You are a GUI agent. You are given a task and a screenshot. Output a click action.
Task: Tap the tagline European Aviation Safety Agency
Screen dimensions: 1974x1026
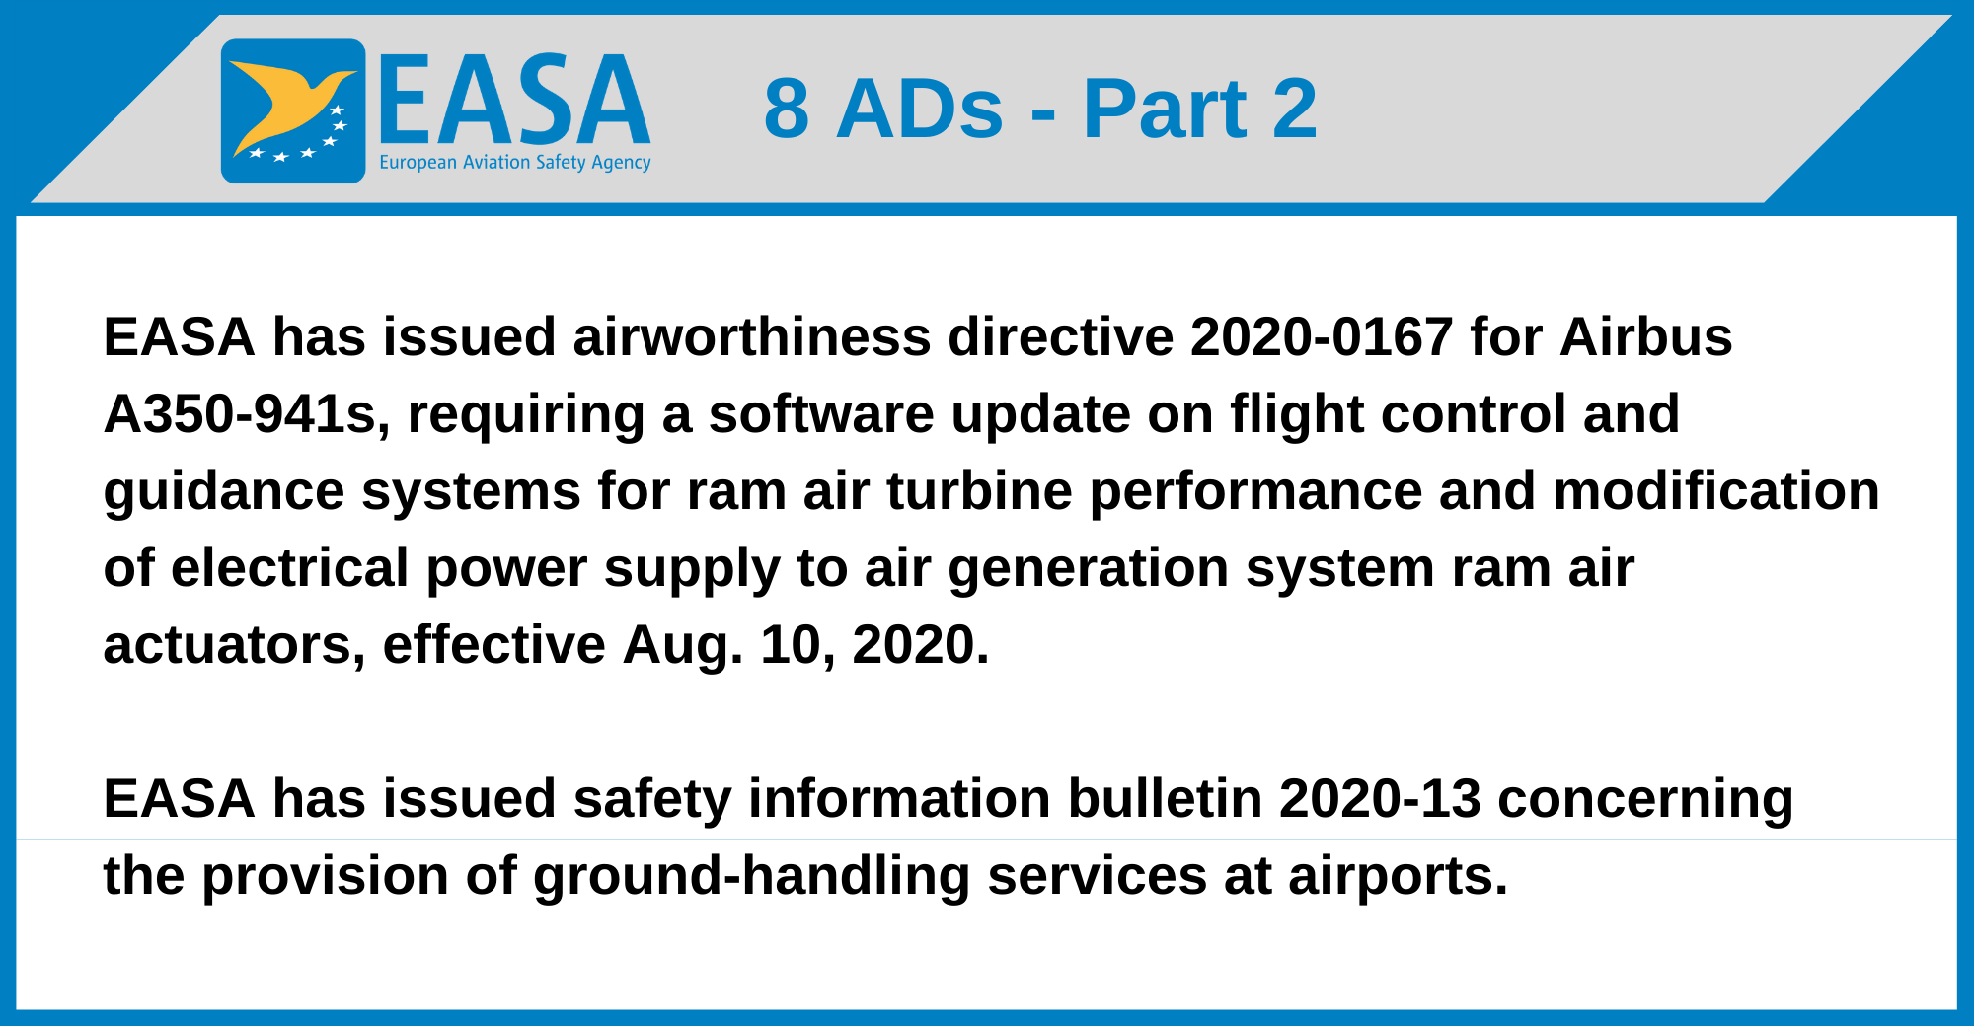pyautogui.click(x=515, y=163)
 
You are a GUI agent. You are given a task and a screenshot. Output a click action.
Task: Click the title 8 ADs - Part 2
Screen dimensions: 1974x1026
pyautogui.click(x=1040, y=109)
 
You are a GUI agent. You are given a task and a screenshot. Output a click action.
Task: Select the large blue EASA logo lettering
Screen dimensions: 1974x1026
pyautogui.click(x=514, y=99)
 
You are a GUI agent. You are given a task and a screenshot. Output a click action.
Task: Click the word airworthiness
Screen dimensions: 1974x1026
pyautogui.click(x=752, y=337)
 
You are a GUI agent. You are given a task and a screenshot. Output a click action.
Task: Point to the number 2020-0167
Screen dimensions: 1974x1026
pyautogui.click(x=1322, y=337)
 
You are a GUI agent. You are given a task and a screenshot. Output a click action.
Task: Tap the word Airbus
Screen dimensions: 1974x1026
pyautogui.click(x=1646, y=337)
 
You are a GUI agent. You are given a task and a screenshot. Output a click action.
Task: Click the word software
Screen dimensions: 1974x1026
pyautogui.click(x=821, y=414)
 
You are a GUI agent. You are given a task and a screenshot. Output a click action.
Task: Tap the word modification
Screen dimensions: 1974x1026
pyautogui.click(x=1716, y=491)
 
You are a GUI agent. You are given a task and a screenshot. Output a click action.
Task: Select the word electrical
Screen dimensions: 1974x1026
pyautogui.click(x=290, y=568)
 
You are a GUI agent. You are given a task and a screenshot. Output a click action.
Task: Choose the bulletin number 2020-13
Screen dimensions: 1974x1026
pyautogui.click(x=1381, y=799)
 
